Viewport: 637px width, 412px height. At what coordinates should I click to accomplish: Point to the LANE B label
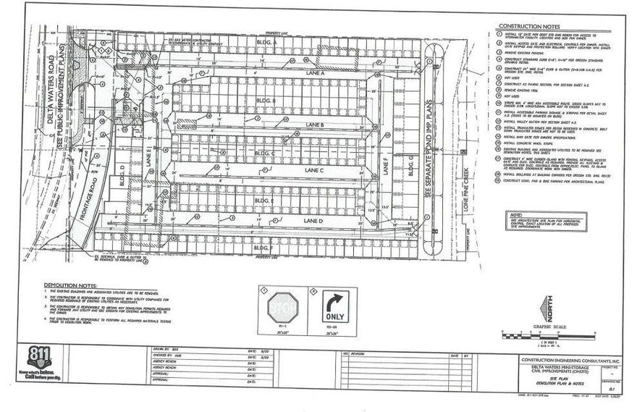point(314,125)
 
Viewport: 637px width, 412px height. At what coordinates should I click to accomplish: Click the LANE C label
point(313,169)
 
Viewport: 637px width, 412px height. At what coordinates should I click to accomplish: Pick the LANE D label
point(314,220)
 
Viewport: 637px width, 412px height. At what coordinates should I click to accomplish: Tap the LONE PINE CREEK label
point(470,189)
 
